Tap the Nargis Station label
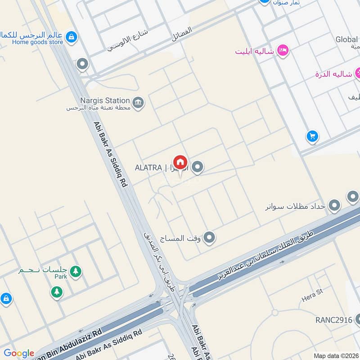click(x=105, y=100)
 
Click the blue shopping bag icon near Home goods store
click(x=70, y=36)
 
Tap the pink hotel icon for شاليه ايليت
click(x=283, y=51)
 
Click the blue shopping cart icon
click(x=312, y=135)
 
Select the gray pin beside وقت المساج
click(x=209, y=237)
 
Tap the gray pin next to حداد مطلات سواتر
click(x=334, y=206)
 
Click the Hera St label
click(x=313, y=292)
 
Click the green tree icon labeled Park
click(x=76, y=271)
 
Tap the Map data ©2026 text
click(x=336, y=355)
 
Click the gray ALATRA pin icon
click(x=197, y=168)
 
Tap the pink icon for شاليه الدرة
click(x=358, y=73)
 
